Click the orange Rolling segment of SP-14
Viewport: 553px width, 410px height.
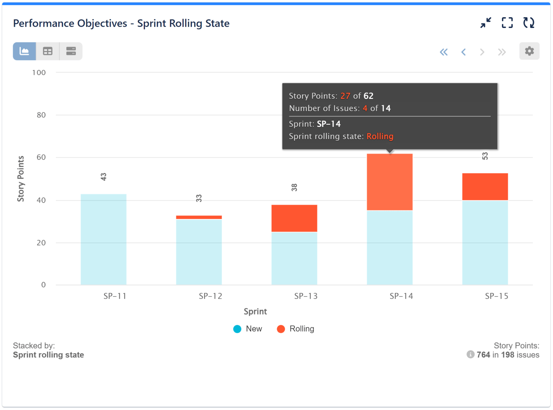point(390,182)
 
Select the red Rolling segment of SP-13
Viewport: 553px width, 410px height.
point(294,218)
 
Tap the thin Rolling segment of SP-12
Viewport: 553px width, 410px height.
point(199,217)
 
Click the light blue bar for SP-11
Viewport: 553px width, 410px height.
point(103,239)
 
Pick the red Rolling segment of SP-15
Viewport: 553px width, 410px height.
point(485,186)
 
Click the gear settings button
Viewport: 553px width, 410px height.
point(529,51)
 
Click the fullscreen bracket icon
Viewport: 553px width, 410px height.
point(507,23)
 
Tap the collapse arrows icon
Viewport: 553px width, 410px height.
point(486,23)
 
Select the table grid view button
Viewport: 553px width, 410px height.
point(48,51)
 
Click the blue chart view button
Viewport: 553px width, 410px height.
point(24,51)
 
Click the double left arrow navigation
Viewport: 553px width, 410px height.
point(443,52)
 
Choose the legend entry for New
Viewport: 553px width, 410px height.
point(248,329)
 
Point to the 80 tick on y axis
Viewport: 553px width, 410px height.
point(41,115)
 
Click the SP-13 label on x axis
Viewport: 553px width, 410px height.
point(306,296)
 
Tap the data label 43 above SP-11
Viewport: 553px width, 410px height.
point(103,177)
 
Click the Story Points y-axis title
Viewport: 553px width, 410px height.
point(21,179)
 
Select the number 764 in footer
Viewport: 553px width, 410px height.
point(483,355)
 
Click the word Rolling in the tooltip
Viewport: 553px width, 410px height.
point(380,136)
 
